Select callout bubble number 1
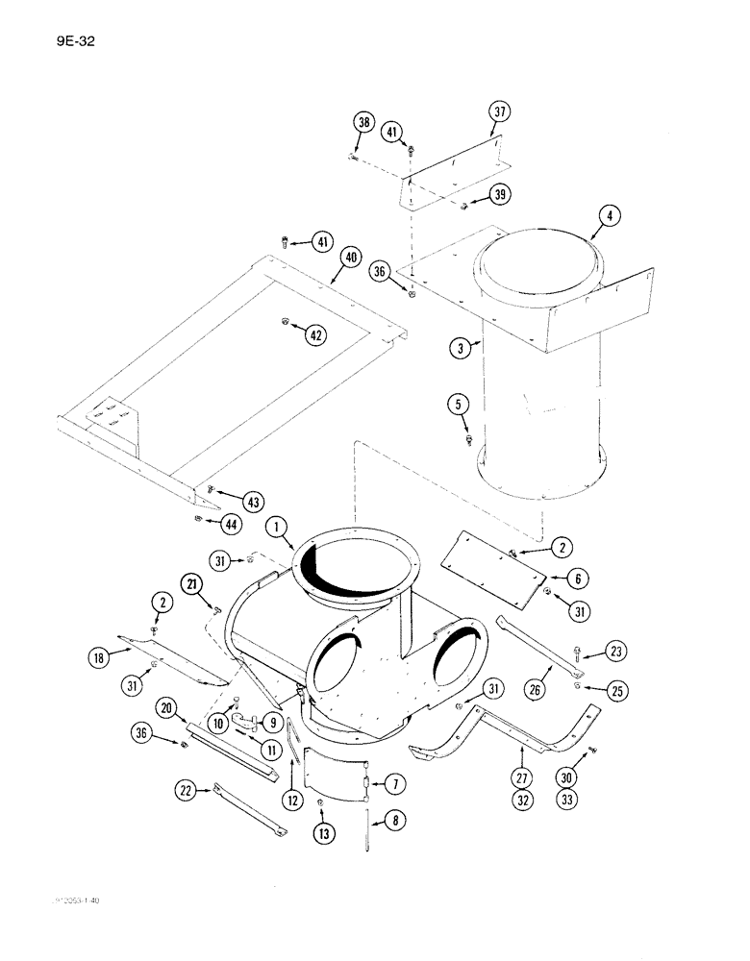click(x=277, y=528)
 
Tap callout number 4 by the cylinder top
click(x=608, y=216)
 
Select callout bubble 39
click(x=498, y=194)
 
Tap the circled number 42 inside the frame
click(x=315, y=334)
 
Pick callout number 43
click(x=253, y=502)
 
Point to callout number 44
click(x=231, y=524)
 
